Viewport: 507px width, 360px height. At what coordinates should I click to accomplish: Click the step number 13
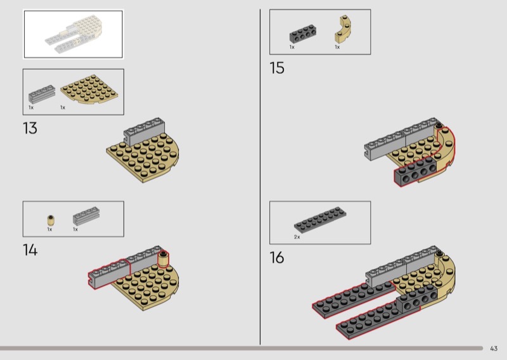tap(30, 129)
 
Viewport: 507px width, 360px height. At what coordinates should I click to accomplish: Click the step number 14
tap(30, 250)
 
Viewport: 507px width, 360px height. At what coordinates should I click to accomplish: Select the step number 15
tap(277, 68)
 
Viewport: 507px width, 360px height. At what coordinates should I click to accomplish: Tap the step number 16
tap(277, 258)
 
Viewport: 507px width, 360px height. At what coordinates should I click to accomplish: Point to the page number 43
tap(494, 348)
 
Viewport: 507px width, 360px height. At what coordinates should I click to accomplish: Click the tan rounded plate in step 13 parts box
tap(89, 90)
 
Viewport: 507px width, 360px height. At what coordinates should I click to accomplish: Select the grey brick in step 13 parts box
tap(40, 94)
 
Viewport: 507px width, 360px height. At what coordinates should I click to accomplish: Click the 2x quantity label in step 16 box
tap(297, 237)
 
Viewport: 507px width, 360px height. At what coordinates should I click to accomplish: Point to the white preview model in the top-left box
tap(73, 34)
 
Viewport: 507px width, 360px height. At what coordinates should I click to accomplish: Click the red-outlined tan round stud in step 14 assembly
tap(164, 259)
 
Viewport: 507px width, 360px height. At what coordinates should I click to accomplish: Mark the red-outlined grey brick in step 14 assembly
tap(109, 273)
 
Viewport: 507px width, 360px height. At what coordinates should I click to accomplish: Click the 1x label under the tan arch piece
tap(337, 47)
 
